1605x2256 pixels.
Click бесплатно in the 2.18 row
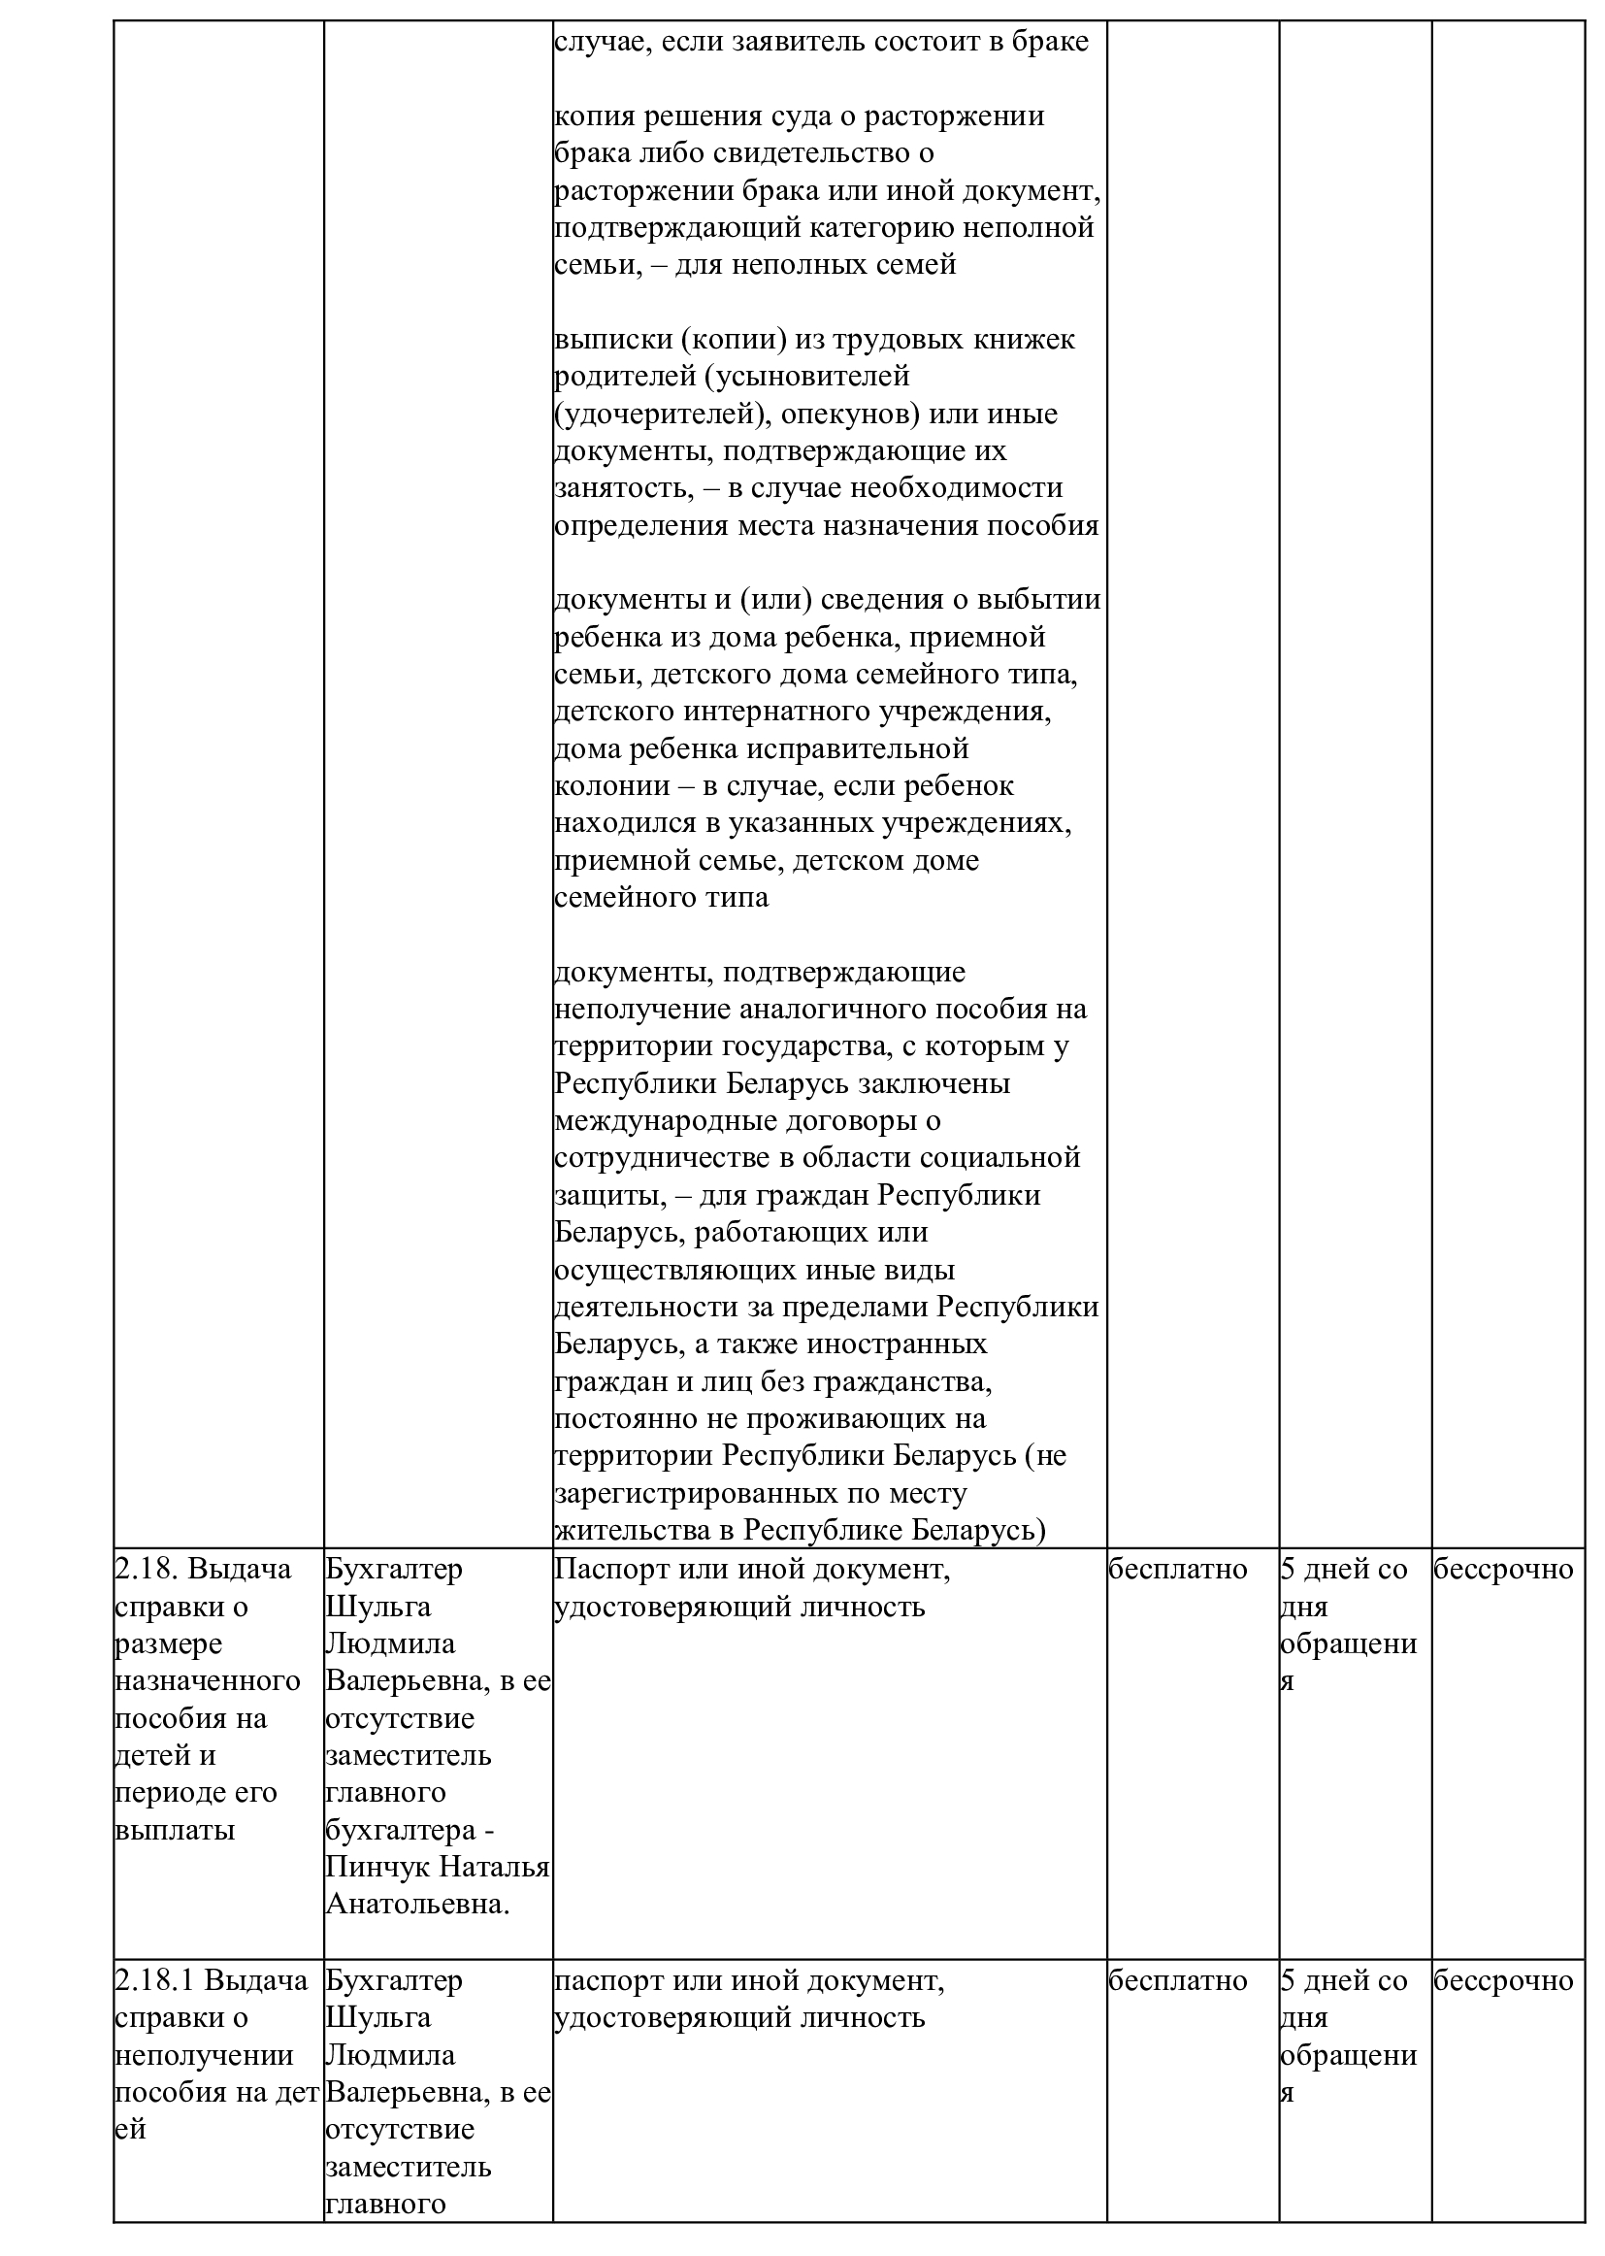point(1177,1570)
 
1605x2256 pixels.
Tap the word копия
point(595,116)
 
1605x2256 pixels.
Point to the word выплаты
point(175,1830)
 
